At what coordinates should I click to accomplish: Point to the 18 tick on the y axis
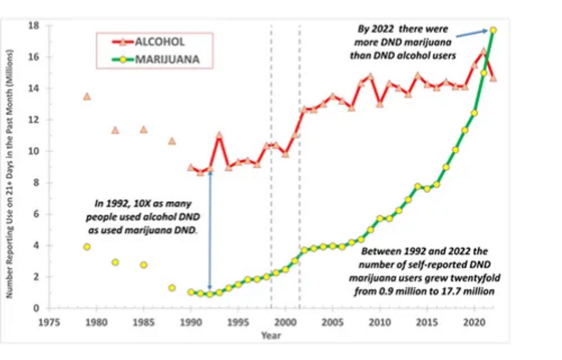[34, 26]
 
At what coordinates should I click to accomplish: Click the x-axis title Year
[271, 336]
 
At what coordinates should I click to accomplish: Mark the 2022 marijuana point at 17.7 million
[493, 30]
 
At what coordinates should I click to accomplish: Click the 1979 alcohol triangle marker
[87, 97]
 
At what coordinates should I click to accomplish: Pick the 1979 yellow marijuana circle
[87, 247]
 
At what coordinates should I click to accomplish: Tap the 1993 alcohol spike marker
[219, 135]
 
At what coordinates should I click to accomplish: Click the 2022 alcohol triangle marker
[493, 78]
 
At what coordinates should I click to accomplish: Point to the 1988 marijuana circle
[172, 287]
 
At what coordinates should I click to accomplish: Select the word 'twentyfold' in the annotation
[476, 277]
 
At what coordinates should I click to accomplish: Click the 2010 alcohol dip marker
[380, 104]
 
